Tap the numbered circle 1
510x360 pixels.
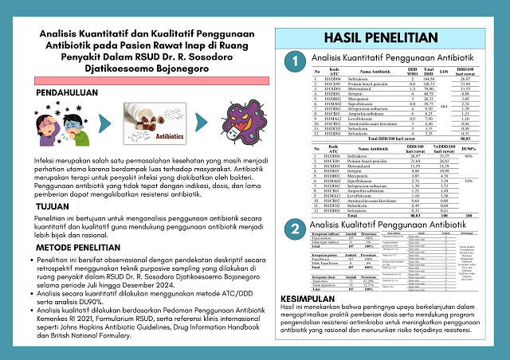tap(295, 61)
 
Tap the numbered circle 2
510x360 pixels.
tap(295, 229)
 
